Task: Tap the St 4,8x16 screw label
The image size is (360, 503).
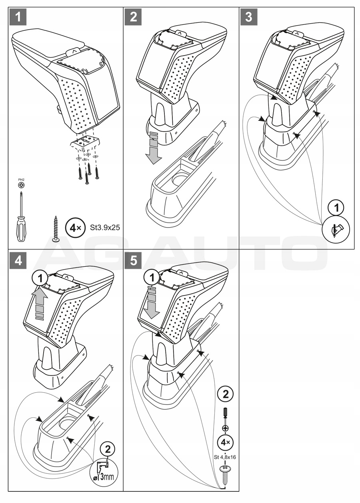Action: tap(225, 458)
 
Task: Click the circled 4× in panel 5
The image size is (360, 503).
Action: tap(225, 442)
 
